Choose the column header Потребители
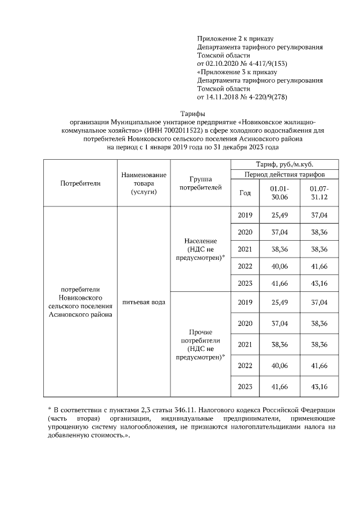click(x=80, y=183)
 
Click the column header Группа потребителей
click(x=201, y=183)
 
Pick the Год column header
click(x=245, y=192)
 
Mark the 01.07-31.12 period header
click(x=319, y=192)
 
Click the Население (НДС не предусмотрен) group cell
click(x=201, y=249)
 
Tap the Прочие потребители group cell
click(x=201, y=344)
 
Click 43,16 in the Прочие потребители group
click(x=319, y=387)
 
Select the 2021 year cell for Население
click(x=245, y=249)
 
